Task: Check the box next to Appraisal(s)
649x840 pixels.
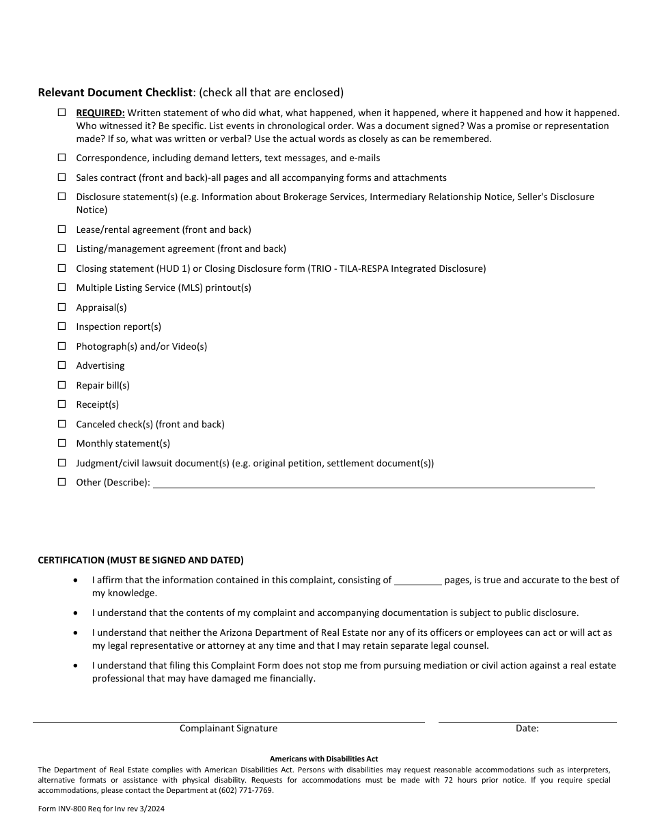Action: [61, 307]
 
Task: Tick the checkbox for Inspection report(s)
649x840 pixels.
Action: [61, 326]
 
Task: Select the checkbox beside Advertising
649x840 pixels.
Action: [61, 365]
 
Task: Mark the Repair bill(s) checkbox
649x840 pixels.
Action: [61, 384]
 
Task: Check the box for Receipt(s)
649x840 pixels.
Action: [61, 404]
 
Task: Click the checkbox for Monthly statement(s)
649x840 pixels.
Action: [61, 443]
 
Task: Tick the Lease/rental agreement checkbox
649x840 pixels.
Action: [61, 229]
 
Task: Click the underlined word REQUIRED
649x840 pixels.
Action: [100, 113]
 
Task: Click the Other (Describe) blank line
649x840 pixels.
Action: [373, 483]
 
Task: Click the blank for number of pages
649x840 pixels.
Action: [418, 580]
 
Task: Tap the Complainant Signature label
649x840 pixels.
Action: [228, 728]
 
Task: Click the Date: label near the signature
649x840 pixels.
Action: [527, 728]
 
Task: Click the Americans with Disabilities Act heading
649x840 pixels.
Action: [324, 759]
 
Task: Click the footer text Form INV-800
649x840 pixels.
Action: [65, 809]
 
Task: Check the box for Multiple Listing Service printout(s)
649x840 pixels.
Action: [61, 288]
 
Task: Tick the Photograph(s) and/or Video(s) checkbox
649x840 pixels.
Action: [61, 346]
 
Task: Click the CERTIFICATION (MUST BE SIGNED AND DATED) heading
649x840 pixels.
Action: [140, 560]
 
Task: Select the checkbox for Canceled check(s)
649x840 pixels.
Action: [61, 423]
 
